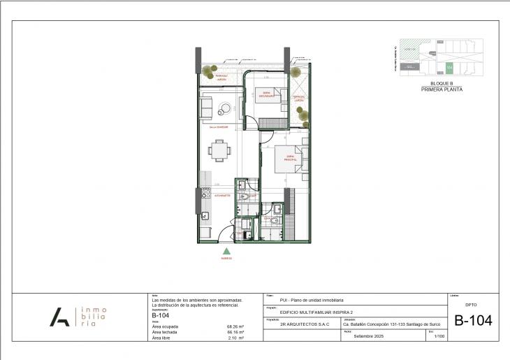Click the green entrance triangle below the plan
coord(226,251)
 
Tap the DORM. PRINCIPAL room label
coord(291,160)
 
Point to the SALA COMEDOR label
coord(219,127)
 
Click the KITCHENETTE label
coord(222,196)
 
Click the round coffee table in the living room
coord(226,108)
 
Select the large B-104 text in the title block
coord(473,321)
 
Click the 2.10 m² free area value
coord(235,338)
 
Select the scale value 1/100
coord(439,337)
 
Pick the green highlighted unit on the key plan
coord(450,67)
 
